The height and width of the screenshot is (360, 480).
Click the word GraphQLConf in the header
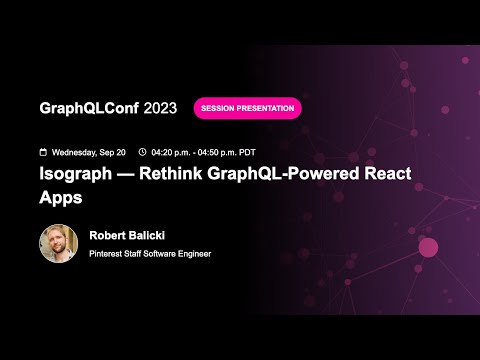tap(88, 108)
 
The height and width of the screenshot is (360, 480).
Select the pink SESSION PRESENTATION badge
tap(247, 108)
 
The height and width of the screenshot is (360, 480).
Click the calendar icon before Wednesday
tap(42, 152)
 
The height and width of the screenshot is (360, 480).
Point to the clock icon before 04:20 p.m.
tap(142, 152)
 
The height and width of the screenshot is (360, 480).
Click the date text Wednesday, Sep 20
tap(89, 152)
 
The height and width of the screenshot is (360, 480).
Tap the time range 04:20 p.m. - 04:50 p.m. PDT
tap(206, 152)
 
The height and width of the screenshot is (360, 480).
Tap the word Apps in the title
tap(60, 197)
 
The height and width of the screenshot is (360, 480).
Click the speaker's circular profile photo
tap(58, 243)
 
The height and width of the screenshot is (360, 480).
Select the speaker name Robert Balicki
tap(127, 236)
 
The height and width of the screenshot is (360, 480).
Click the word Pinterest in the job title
tap(107, 253)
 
